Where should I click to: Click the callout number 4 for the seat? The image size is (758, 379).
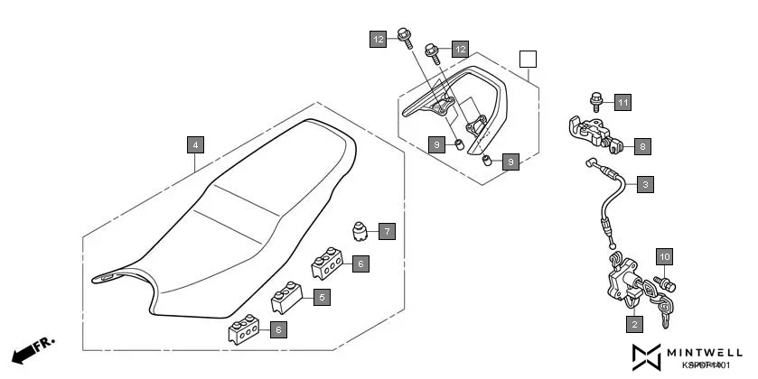point(195,144)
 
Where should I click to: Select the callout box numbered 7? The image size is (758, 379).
point(387,231)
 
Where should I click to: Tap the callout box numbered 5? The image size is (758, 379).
point(323,296)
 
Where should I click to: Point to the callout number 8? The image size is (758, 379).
point(641,144)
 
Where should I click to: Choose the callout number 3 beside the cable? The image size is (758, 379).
point(645,185)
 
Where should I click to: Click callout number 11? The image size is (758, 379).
point(622,102)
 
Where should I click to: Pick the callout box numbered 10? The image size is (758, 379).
point(665,257)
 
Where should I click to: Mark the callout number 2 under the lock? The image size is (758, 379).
point(634,324)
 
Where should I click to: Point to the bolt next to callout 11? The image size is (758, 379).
point(596,101)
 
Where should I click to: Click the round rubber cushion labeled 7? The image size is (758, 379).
point(362,232)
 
